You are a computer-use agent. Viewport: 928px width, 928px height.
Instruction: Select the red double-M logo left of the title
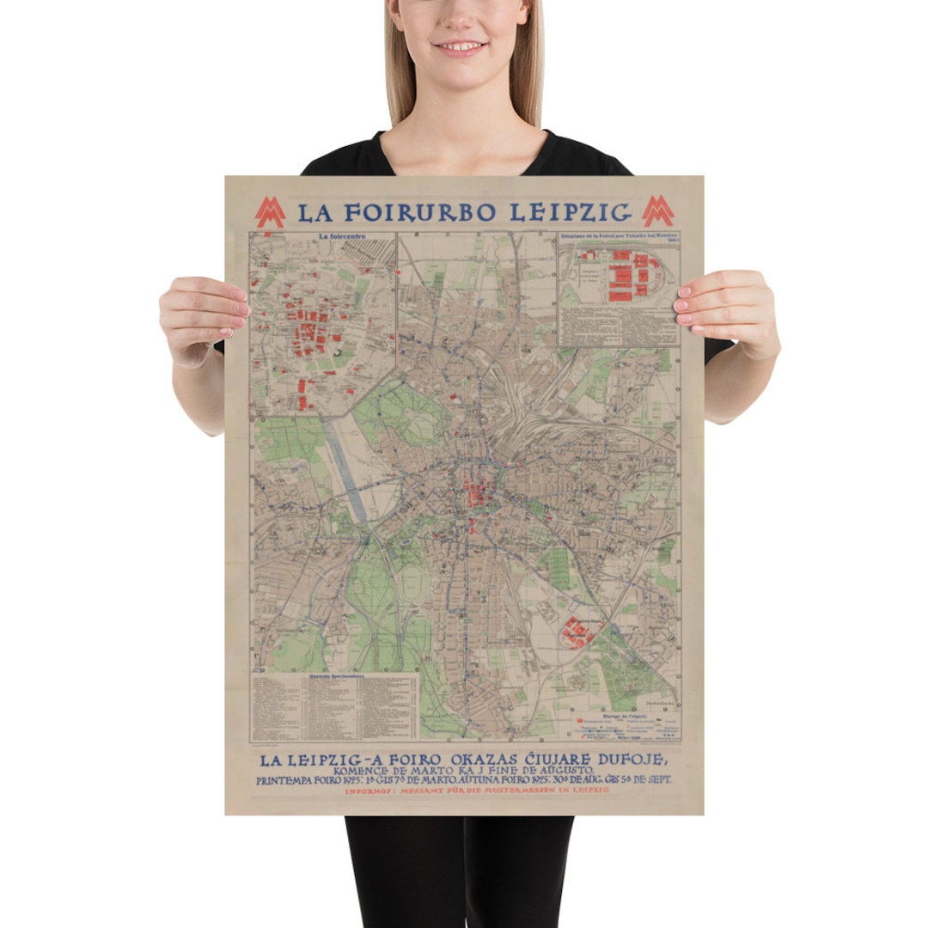270,212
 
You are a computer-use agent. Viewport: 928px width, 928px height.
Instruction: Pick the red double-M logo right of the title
658,211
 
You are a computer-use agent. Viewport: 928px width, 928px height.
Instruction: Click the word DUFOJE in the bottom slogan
630,760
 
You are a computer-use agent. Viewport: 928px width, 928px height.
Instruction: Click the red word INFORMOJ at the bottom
371,790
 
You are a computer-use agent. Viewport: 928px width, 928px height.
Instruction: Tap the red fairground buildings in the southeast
578,633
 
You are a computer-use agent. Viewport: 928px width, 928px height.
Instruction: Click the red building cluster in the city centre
473,498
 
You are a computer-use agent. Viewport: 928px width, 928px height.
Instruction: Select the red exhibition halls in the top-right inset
620,275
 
